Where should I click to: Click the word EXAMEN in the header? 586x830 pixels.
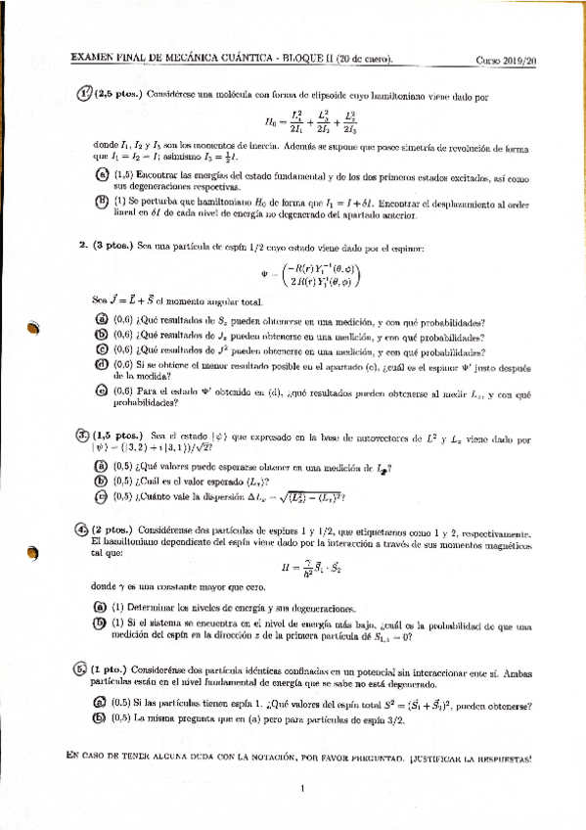point(91,59)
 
